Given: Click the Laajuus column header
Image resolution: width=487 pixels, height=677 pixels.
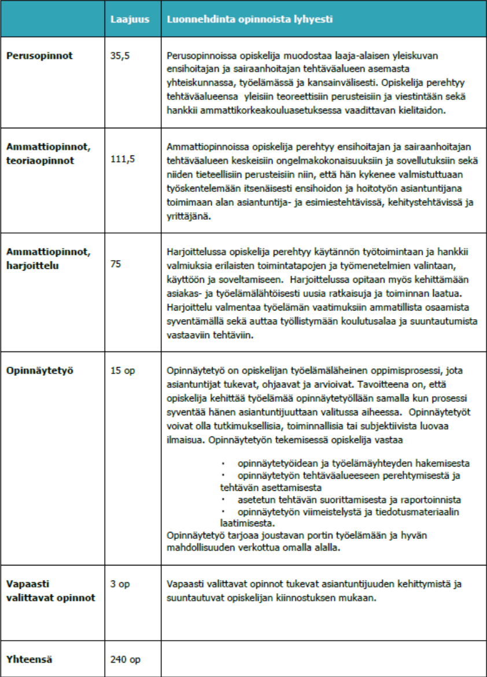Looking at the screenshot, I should pyautogui.click(x=130, y=19).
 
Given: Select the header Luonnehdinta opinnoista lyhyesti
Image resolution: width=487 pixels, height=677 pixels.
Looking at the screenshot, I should pyautogui.click(x=249, y=19).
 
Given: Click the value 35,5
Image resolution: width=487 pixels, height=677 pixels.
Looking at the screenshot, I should pyautogui.click(x=119, y=56).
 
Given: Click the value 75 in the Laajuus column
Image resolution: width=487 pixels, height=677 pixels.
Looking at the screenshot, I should pyautogui.click(x=116, y=263).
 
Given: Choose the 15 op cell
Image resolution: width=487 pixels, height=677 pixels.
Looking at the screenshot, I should pyautogui.click(x=122, y=371).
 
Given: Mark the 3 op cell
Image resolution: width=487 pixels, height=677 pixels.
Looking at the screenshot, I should pyautogui.click(x=120, y=584).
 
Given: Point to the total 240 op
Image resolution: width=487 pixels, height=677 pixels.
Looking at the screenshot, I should pyautogui.click(x=125, y=658).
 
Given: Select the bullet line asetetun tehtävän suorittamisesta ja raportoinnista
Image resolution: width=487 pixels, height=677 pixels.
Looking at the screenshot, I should pyautogui.click(x=349, y=500).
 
